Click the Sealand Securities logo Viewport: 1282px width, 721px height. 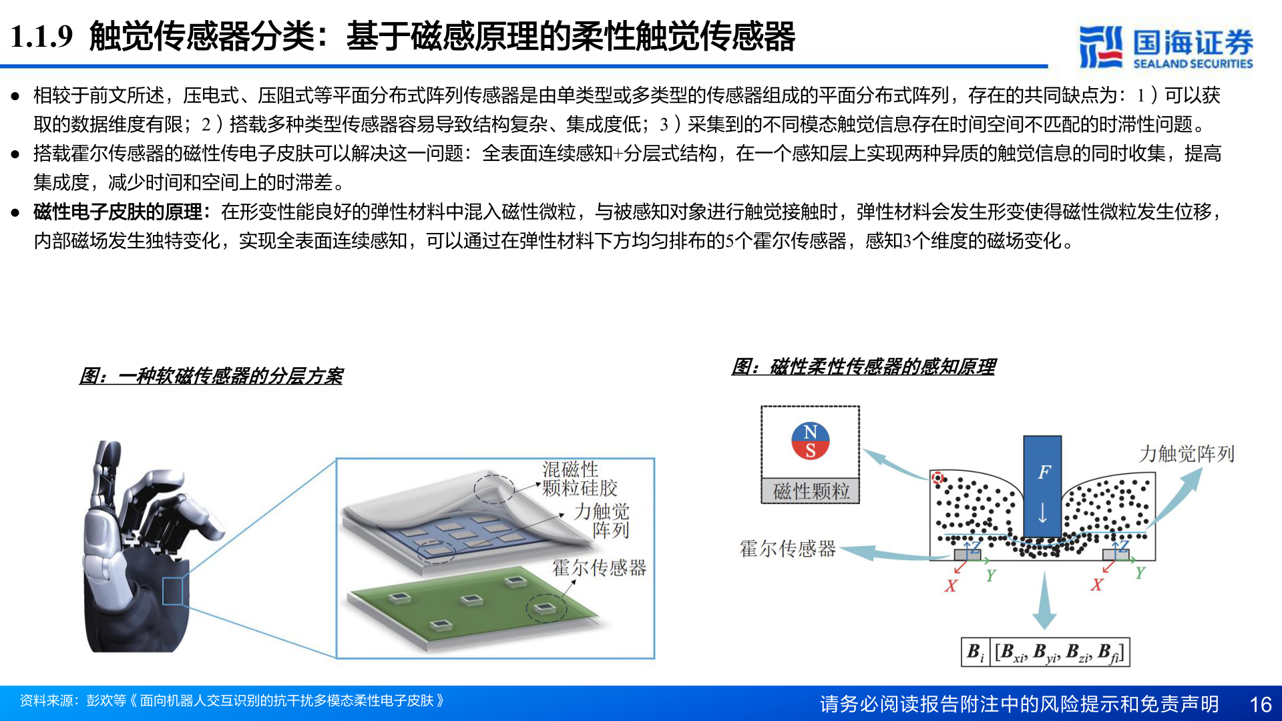[1165, 47]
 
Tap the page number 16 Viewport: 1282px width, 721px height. [1260, 704]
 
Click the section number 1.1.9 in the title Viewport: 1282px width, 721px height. [41, 36]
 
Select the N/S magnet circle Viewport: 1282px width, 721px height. [810, 441]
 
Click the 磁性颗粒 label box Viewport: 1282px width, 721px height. [811, 491]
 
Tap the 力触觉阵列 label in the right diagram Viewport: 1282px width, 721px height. [1186, 454]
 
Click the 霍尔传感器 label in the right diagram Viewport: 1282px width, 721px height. [787, 549]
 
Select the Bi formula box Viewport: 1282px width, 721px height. [1045, 652]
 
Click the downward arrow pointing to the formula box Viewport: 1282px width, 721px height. [1044, 601]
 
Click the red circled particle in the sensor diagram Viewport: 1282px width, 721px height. [937, 478]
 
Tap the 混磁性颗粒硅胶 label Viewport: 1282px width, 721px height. [579, 479]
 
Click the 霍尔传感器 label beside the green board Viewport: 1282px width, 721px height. [599, 568]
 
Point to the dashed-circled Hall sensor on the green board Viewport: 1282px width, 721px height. [546, 608]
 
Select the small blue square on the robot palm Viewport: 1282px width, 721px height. [172, 591]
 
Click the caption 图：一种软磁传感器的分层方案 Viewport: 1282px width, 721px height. [211, 376]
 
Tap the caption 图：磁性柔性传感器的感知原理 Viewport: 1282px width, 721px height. [863, 367]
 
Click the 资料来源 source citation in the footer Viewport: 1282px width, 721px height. [231, 701]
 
